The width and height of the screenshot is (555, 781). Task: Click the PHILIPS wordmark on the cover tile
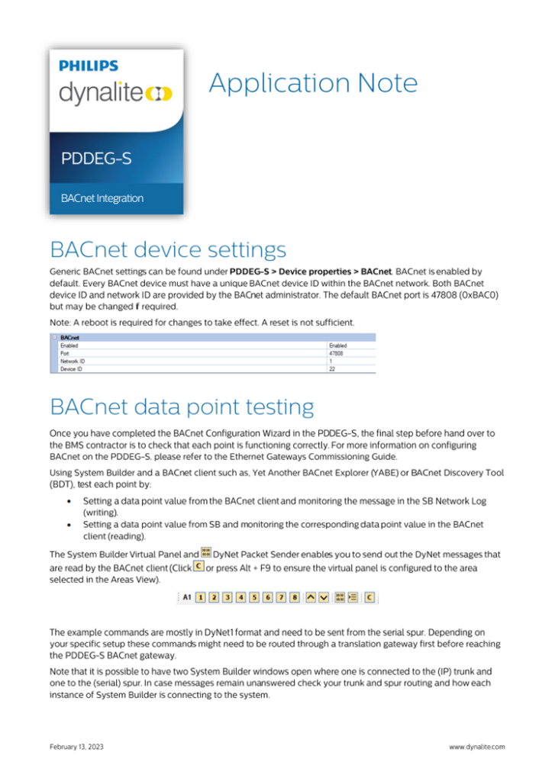[x=89, y=66]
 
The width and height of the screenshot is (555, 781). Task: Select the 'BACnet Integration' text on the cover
[x=102, y=198]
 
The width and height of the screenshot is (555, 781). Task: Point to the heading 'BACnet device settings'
[x=168, y=249]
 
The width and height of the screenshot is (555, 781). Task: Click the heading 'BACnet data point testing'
[x=181, y=404]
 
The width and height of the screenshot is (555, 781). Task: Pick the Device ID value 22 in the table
[x=332, y=369]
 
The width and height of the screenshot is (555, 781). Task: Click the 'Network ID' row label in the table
[x=73, y=362]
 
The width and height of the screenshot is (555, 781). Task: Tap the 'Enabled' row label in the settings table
[x=70, y=346]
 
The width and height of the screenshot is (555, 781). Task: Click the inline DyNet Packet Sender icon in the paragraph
[x=206, y=552]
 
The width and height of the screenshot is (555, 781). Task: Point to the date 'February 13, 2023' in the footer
[x=76, y=747]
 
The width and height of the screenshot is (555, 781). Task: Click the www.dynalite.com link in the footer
[x=476, y=747]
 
